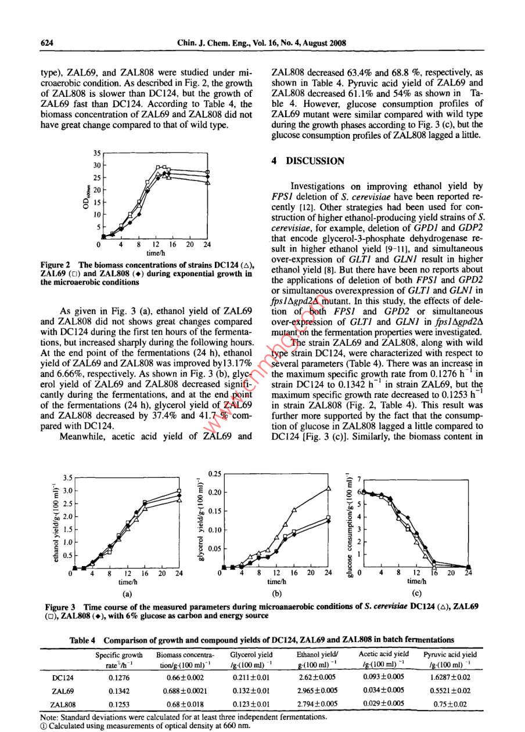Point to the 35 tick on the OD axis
pos(96,153)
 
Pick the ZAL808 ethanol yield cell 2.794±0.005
pos(318,704)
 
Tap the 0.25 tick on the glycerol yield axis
pos(214,473)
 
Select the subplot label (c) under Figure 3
pos(415,593)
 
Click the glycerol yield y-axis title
pos(200,522)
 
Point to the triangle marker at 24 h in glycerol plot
pos(329,488)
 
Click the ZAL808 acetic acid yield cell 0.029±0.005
pos(383,704)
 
